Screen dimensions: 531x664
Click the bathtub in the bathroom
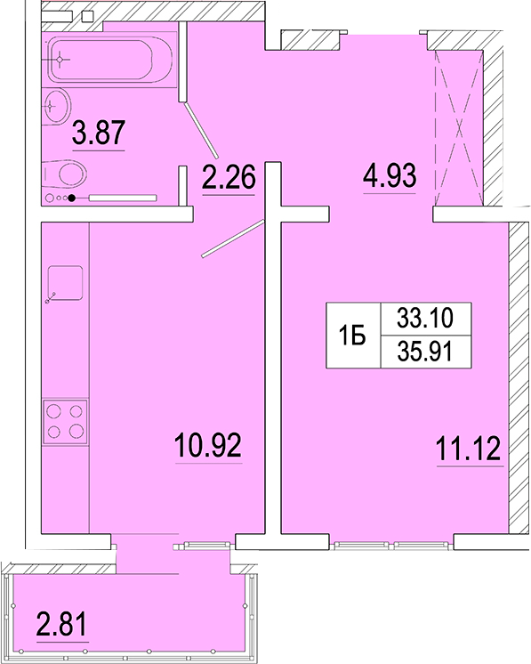(x=111, y=60)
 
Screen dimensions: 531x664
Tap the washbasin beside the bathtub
(x=57, y=107)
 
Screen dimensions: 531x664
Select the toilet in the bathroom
(x=65, y=174)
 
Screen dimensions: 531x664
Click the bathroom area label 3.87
(x=99, y=132)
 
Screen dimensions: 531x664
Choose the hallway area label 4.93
(x=390, y=174)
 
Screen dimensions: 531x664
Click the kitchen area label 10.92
(x=208, y=445)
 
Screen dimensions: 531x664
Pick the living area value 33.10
(x=425, y=318)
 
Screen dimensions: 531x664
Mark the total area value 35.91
(x=425, y=351)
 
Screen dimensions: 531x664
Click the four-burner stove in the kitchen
(x=65, y=421)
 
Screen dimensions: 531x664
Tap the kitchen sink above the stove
(x=65, y=283)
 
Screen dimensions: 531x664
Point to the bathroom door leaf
(x=201, y=130)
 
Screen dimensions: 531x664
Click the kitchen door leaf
(x=233, y=239)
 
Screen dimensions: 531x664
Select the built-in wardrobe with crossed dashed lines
(x=459, y=128)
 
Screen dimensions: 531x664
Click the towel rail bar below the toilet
(x=123, y=198)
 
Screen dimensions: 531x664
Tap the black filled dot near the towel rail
(x=72, y=198)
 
